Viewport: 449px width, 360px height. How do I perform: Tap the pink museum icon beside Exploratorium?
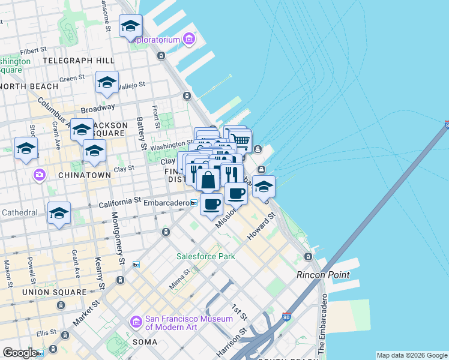pos(190,40)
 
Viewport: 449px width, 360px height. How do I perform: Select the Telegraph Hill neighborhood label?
pos(79,61)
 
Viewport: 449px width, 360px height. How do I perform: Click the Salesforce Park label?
pos(205,256)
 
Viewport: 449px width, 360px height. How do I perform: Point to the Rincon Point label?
pos(319,275)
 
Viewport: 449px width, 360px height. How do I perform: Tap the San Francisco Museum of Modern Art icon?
pos(136,323)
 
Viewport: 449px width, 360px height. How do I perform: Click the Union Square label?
pos(55,292)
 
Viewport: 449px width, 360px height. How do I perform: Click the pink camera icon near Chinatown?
pos(40,175)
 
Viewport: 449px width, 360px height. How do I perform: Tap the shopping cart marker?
pos(241,140)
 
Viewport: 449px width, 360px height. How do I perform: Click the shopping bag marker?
pos(208,179)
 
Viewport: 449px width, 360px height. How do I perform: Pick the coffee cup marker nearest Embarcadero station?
pos(211,204)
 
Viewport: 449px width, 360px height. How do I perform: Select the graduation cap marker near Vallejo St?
pos(107,82)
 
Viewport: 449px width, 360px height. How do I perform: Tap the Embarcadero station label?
pos(166,203)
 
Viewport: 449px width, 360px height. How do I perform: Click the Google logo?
pos(20,353)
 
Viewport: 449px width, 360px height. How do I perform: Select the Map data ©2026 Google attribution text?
pos(412,355)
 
